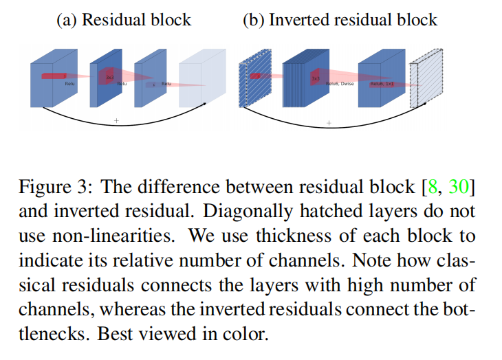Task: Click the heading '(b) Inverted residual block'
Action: [340, 19]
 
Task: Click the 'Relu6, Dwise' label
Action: [340, 84]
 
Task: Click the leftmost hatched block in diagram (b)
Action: [248, 84]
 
